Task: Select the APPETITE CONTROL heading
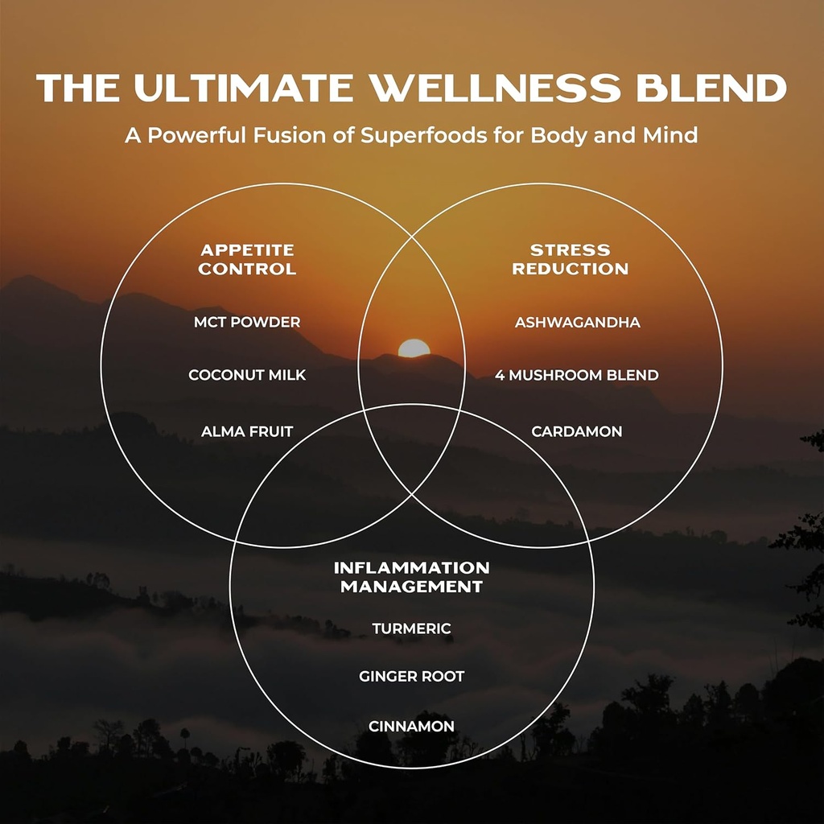coord(247,259)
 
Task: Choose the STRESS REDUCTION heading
coord(570,259)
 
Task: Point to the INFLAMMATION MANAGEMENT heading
coord(411,577)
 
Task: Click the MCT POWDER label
coord(247,322)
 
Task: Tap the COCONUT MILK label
coord(247,375)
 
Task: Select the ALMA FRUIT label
coord(247,432)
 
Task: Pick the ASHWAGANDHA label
coord(577,322)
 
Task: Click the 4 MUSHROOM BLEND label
coord(577,375)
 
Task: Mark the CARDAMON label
coord(577,432)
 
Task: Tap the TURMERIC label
coord(411,628)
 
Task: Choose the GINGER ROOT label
coord(411,677)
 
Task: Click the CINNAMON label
coord(411,726)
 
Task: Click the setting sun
coord(414,349)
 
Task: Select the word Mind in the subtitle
coord(669,134)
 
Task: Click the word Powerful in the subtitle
coord(185,134)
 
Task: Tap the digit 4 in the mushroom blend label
coord(500,375)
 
